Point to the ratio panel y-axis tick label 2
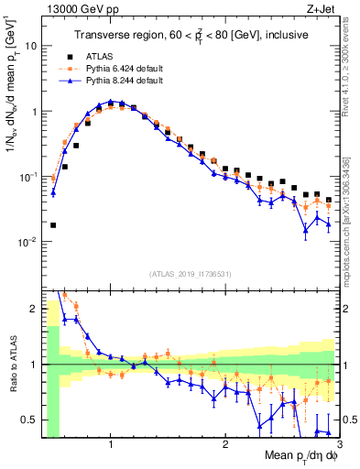tap(35, 309)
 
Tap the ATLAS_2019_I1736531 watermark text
tap(191, 274)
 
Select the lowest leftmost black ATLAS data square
tap(53, 224)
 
